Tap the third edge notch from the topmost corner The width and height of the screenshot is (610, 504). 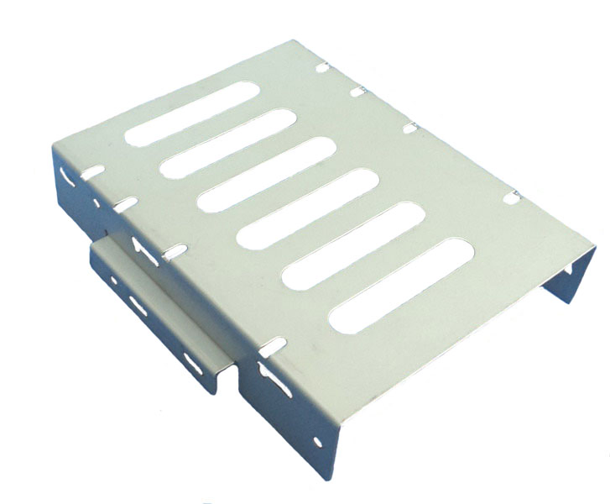pyautogui.click(x=410, y=127)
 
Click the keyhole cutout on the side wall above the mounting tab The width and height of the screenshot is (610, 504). pyautogui.click(x=139, y=245)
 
